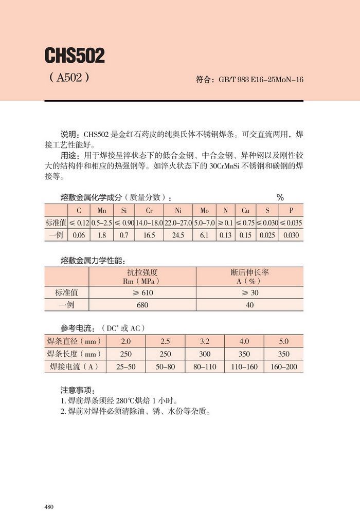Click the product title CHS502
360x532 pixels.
(x=75, y=56)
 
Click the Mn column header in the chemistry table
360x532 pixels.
(x=101, y=211)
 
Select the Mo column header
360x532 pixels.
(x=204, y=211)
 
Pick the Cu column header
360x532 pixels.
(x=245, y=211)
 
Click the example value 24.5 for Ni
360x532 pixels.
(x=178, y=235)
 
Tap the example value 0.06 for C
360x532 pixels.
(x=79, y=235)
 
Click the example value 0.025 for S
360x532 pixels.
(x=267, y=235)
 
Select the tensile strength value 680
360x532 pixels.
(x=142, y=305)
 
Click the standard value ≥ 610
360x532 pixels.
(x=142, y=292)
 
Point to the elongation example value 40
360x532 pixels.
(x=249, y=305)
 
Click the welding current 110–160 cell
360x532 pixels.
(x=244, y=366)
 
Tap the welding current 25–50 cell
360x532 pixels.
(x=126, y=366)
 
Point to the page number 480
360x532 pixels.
(x=49, y=507)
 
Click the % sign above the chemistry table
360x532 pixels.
(x=280, y=197)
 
